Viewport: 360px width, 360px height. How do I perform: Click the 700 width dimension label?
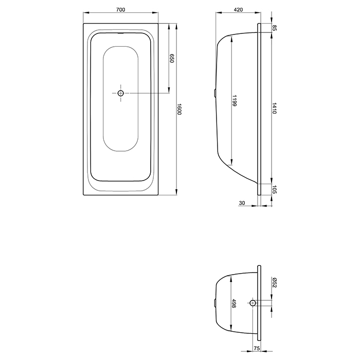click(120, 10)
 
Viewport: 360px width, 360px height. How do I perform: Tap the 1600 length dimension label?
click(179, 109)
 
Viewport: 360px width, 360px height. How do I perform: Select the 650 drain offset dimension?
click(172, 58)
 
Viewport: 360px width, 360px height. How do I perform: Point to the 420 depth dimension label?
click(238, 10)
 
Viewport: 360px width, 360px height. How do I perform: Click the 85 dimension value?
click(275, 28)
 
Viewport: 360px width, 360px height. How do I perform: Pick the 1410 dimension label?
click(274, 108)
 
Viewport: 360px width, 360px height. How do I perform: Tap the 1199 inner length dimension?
click(234, 101)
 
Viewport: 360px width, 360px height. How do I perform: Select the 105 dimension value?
click(275, 189)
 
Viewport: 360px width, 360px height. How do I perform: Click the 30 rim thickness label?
click(242, 203)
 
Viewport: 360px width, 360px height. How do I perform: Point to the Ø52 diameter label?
click(275, 282)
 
